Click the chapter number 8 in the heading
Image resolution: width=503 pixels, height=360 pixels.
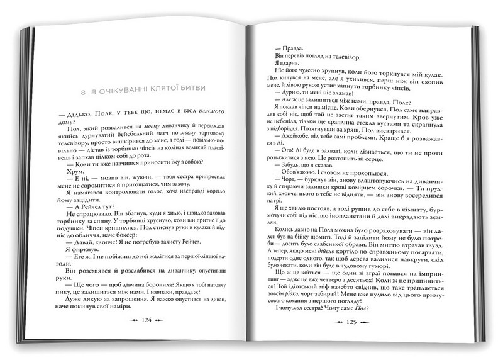coord(92,91)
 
